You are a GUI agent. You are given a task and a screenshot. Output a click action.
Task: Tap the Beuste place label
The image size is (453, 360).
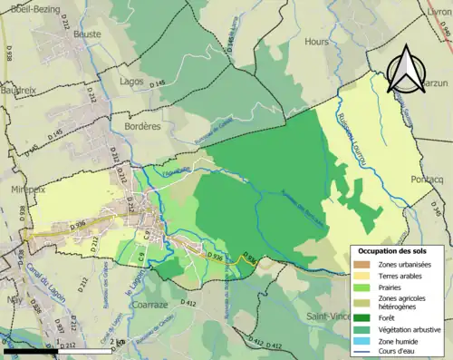tap(87, 34)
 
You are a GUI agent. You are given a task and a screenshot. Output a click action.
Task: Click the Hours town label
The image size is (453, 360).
tap(317, 42)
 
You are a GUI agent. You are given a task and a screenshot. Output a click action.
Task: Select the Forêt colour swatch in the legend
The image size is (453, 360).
tap(363, 317)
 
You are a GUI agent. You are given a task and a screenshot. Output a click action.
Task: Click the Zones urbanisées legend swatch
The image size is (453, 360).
tap(363, 264)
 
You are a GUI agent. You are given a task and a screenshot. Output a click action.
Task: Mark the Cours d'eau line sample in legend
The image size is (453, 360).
tap(363, 350)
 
